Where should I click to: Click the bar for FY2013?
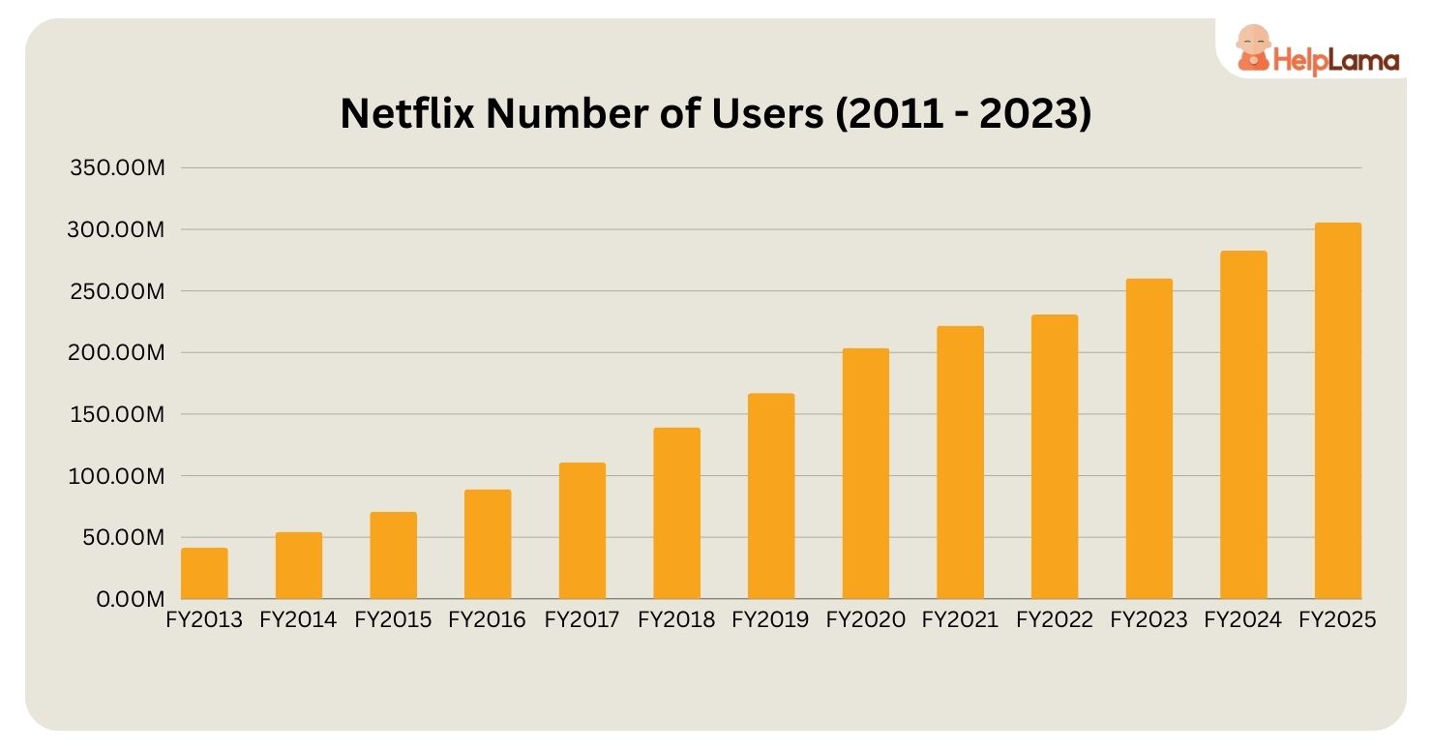(x=204, y=574)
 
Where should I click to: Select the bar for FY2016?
(x=488, y=545)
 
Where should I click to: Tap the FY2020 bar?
(x=865, y=474)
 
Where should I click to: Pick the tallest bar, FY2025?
(x=1337, y=411)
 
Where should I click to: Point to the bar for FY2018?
(x=676, y=514)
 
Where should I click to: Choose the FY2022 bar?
(x=1054, y=457)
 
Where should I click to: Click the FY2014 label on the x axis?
(x=298, y=620)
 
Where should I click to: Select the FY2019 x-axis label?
(x=770, y=620)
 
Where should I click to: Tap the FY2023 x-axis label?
(x=1149, y=620)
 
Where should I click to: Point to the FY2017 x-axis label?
(x=582, y=620)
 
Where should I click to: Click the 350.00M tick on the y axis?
(x=118, y=168)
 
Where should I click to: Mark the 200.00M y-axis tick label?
(x=118, y=353)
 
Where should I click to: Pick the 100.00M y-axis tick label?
(x=118, y=476)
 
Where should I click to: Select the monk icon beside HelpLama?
(x=1253, y=48)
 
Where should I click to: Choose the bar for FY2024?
(x=1243, y=425)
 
